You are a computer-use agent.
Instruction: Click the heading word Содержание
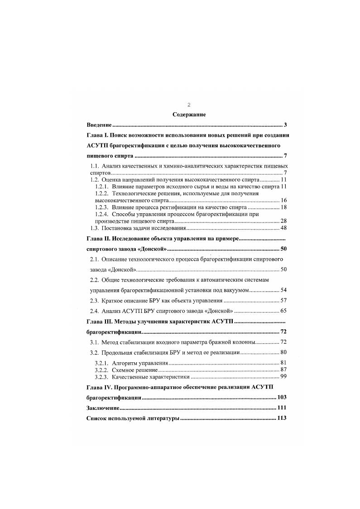tap(189, 115)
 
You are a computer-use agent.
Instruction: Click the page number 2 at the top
tap(189, 105)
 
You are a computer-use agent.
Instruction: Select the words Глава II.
tap(98, 238)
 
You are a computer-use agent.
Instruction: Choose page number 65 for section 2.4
tap(283, 311)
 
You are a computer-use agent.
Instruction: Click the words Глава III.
tap(100, 322)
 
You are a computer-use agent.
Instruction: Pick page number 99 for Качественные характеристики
tap(283, 377)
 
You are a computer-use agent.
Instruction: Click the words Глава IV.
tap(100, 387)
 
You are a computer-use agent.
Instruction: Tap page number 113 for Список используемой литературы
tap(281, 418)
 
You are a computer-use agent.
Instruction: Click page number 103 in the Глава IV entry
tap(281, 398)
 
